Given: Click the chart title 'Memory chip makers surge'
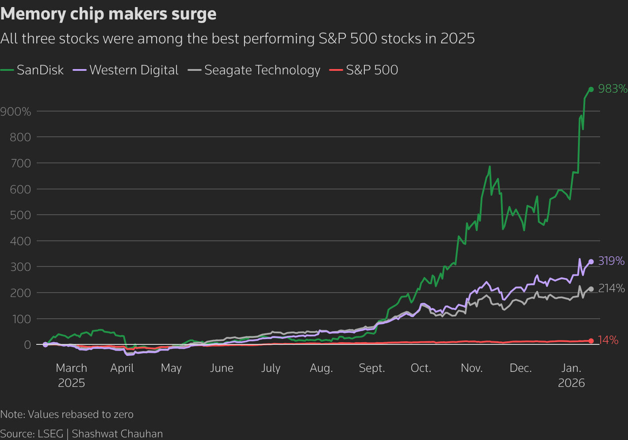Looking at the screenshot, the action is pyautogui.click(x=108, y=14).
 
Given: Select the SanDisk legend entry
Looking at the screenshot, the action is pyautogui.click(x=32, y=70).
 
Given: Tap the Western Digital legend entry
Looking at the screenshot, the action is pyautogui.click(x=126, y=70).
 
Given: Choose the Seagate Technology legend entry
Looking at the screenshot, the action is pyautogui.click(x=254, y=70).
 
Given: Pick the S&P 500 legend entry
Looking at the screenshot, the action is pyautogui.click(x=364, y=70).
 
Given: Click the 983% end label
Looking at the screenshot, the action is pyautogui.click(x=613, y=89).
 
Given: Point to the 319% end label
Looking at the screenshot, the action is pyautogui.click(x=611, y=261).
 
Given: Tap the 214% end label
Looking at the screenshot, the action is pyautogui.click(x=612, y=288).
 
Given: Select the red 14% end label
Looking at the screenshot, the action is pyautogui.click(x=608, y=340).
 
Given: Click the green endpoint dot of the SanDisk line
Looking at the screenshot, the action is pyautogui.click(x=591, y=89).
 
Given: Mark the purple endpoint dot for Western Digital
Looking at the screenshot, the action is pyautogui.click(x=591, y=262).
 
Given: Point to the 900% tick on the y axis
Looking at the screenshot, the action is pyautogui.click(x=15, y=112).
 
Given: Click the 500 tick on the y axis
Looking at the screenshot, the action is pyautogui.click(x=20, y=215).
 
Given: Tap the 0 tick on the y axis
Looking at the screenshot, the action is pyautogui.click(x=27, y=344).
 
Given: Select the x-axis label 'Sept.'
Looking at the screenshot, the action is pyautogui.click(x=372, y=368).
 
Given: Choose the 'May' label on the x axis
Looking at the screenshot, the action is pyautogui.click(x=171, y=368).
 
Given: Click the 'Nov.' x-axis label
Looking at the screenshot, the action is pyautogui.click(x=471, y=368).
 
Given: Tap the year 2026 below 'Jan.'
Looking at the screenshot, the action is pyautogui.click(x=571, y=383).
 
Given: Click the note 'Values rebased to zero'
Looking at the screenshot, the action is pyautogui.click(x=81, y=414).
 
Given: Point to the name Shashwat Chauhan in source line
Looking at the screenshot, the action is pyautogui.click(x=117, y=434).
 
